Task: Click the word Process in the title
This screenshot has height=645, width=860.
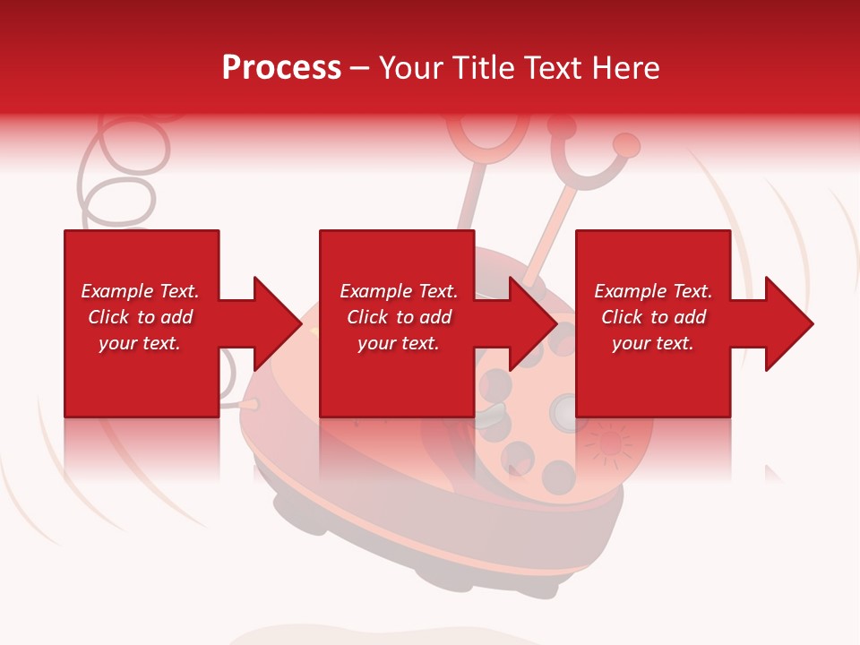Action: (281, 68)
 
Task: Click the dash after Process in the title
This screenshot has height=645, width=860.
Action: (359, 69)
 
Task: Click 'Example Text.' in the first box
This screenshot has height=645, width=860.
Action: (140, 291)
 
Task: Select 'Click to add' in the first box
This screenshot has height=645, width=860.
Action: (140, 317)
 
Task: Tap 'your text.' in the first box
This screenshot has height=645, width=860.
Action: (140, 343)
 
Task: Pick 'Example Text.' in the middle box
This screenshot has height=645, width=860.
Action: (399, 291)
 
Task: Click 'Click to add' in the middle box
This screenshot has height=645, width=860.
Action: (399, 317)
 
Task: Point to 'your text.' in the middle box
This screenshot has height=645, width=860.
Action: (399, 343)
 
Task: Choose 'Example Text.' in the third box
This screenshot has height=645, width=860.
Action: (653, 291)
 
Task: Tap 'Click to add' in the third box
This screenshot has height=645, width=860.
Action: (653, 317)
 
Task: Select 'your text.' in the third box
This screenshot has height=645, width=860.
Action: (653, 343)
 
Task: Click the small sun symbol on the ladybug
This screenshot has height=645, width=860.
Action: (609, 443)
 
